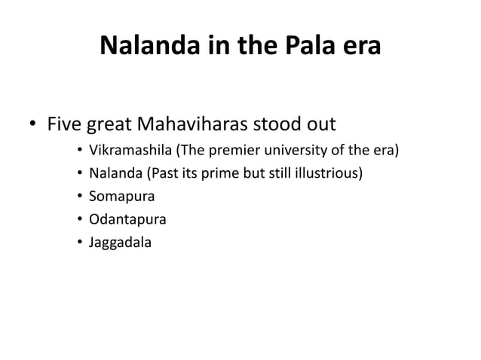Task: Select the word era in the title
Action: point(357,48)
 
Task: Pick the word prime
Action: point(222,175)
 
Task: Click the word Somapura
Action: point(120,198)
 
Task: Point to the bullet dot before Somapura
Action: point(79,199)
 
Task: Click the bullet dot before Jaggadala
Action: point(79,243)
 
